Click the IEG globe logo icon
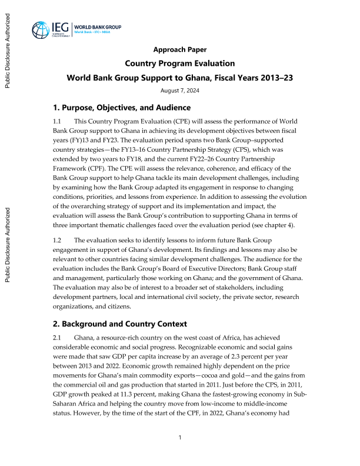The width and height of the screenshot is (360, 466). coord(42,29)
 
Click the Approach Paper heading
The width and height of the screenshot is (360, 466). coord(180,49)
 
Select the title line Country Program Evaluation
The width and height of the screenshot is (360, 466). coord(180,64)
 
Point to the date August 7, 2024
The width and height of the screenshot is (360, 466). coord(180,90)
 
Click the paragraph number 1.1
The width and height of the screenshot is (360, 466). coord(58,121)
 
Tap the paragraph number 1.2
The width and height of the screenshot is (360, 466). coord(58,257)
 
